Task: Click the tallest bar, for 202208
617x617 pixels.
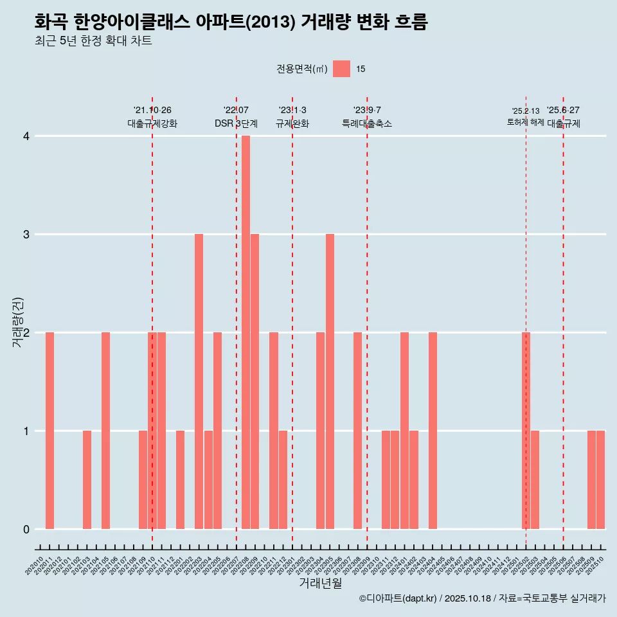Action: click(x=246, y=332)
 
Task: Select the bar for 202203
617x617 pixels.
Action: click(x=199, y=381)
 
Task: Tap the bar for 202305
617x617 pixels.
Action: click(x=330, y=381)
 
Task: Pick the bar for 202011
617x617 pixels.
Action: click(x=49, y=431)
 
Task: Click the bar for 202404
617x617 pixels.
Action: click(x=433, y=431)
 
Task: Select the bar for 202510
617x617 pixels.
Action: click(x=600, y=479)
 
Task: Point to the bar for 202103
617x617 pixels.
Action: click(x=87, y=479)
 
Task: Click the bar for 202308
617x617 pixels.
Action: click(x=357, y=431)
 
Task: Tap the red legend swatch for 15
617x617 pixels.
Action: click(x=341, y=69)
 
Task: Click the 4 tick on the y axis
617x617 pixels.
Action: click(x=26, y=136)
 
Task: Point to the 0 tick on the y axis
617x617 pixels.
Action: click(x=26, y=529)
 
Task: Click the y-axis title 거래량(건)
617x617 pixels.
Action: click(x=17, y=322)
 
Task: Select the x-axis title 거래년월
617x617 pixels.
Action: click(x=320, y=583)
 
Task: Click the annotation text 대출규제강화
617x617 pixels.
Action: click(x=152, y=123)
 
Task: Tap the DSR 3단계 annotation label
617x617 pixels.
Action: click(x=236, y=123)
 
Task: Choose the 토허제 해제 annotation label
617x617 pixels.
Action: click(x=526, y=122)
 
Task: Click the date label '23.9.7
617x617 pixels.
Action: click(x=367, y=110)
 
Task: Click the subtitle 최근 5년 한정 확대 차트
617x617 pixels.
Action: click(x=93, y=41)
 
